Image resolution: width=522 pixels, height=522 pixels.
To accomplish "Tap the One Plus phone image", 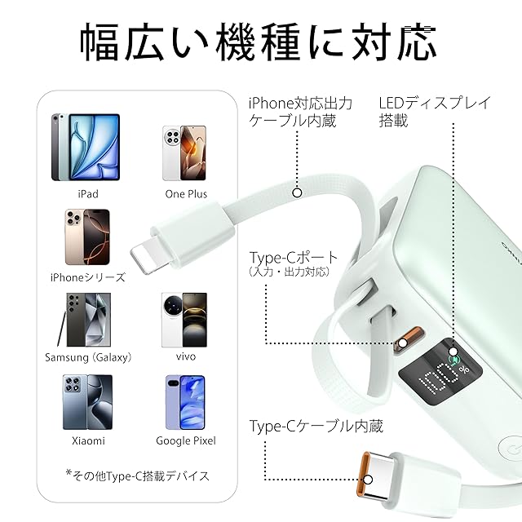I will coord(181,153).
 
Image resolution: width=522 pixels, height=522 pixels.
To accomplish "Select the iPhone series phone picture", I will coord(86,238).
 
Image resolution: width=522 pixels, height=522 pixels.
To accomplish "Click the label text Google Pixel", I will coord(186,441).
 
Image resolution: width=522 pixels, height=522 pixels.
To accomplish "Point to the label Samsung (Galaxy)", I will coord(88,357).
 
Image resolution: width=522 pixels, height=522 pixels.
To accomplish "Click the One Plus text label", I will coord(186,194).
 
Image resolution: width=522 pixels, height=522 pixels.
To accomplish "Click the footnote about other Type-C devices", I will coord(137,476).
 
